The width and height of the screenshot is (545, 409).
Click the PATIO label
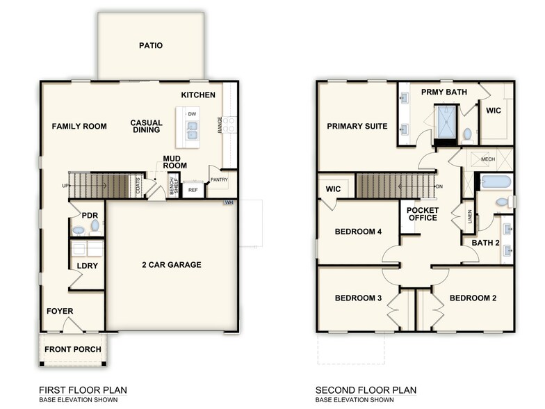151,46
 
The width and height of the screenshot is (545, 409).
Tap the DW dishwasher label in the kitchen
191,113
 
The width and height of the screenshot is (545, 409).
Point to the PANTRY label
219,179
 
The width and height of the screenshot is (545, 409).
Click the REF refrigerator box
193,190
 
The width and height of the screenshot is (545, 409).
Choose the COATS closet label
138,186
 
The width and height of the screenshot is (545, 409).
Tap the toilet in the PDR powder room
95,226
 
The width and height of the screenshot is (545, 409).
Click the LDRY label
87,266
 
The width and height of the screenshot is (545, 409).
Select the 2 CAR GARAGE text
172,265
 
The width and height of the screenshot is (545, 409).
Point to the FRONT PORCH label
73,349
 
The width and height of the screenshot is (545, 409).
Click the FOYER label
60,311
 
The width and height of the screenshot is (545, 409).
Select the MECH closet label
488,159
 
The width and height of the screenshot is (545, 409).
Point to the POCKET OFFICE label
422,214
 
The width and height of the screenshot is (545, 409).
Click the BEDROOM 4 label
358,232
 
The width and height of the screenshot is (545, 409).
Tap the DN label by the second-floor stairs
439,186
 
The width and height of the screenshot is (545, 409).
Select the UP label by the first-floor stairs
65,186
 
